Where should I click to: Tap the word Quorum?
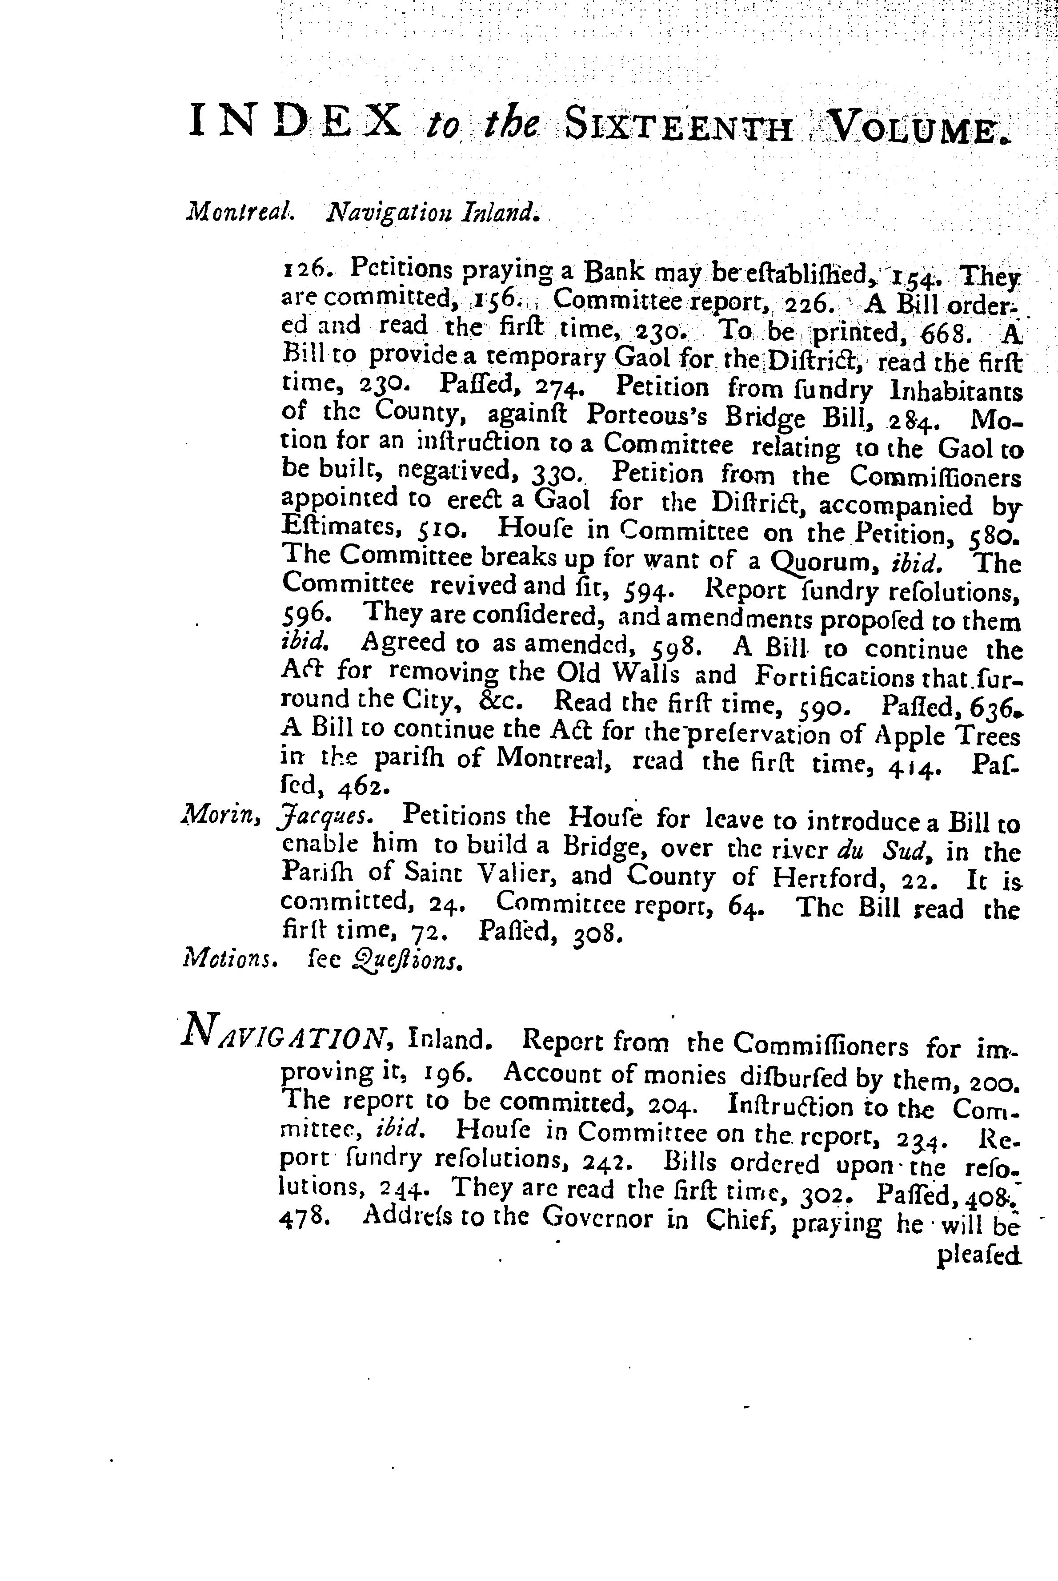[814, 561]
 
